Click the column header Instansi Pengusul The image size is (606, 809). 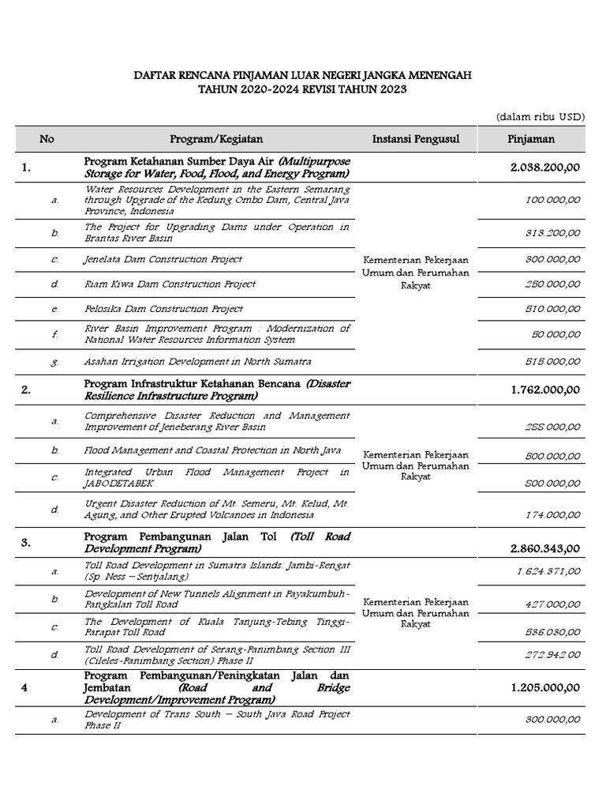pos(415,140)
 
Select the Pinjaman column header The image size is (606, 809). pos(530,140)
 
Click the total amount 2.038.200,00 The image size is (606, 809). pos(545,167)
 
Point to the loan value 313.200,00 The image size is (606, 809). pos(552,233)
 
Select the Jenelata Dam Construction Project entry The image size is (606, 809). pos(163,259)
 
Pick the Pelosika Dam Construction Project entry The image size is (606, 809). pos(163,309)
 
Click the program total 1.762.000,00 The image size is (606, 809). pos(545,389)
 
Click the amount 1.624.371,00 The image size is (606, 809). pos(549,571)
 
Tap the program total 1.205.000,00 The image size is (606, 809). pos(545,687)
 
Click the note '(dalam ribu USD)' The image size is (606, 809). pos(540,116)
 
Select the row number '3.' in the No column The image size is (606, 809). pos(48,543)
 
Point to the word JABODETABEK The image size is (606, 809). pos(117,484)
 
